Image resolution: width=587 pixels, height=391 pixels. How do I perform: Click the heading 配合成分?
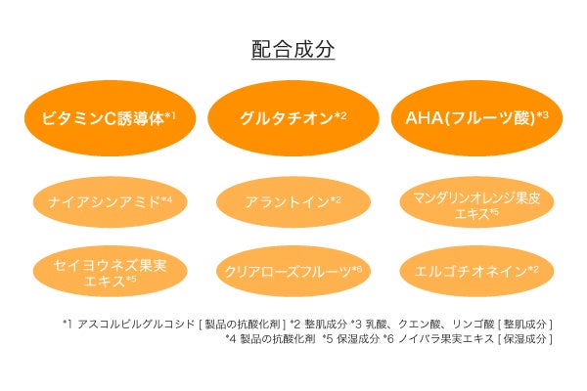coord(293,48)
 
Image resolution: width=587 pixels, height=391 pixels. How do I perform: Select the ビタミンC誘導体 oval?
coord(109,119)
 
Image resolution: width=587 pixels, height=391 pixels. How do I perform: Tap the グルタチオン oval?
coord(293,119)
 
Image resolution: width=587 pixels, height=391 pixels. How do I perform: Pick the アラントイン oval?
coord(293,201)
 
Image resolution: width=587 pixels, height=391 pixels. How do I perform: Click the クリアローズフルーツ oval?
coord(293,271)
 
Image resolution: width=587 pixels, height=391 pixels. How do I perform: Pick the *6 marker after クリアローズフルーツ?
coord(356,268)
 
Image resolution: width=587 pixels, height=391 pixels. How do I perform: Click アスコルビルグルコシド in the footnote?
coord(128,324)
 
